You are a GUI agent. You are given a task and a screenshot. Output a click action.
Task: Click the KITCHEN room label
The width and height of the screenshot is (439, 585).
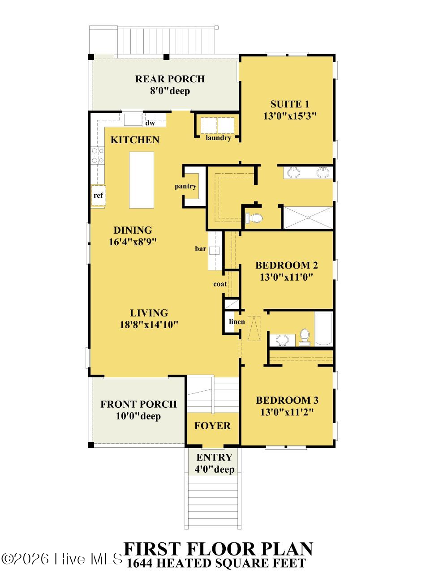coord(135,140)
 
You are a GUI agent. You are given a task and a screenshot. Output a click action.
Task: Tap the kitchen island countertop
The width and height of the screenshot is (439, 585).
coord(142,180)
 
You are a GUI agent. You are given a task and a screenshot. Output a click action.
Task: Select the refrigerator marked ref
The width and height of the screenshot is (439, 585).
coord(98,195)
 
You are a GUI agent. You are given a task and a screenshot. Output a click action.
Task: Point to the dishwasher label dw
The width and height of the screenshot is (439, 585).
coord(150,123)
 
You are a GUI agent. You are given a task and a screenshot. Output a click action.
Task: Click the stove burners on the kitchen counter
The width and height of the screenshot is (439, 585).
coord(98,155)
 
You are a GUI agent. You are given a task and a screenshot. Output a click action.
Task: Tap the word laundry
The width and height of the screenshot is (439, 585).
coord(218,138)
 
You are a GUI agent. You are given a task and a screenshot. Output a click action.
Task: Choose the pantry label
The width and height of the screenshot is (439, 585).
coord(185,186)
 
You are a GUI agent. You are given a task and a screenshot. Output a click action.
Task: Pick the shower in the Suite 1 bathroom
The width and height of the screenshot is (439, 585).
coord(308,218)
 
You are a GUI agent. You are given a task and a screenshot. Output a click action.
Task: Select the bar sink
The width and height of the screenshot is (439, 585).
coord(214,251)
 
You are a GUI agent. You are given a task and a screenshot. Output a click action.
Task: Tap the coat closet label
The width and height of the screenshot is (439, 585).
coord(220,284)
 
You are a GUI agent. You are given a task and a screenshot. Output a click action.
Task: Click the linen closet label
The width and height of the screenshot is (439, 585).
coord(237,322)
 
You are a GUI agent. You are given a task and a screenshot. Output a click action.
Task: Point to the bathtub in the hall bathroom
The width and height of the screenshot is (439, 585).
coord(324,329)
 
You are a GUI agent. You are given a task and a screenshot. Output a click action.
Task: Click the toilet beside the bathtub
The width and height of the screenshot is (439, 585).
coord(305,337)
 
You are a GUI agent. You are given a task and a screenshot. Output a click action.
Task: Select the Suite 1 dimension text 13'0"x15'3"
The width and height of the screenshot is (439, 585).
coord(290,116)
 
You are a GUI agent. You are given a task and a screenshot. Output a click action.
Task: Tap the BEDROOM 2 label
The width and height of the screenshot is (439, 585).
coord(287,265)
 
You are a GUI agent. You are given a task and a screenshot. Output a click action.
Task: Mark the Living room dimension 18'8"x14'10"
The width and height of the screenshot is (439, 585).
coord(149,325)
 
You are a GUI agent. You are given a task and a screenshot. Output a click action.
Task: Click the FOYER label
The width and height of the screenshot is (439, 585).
coord(212,426)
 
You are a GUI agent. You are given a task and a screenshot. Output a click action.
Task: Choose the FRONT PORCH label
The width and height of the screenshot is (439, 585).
coord(138,404)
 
